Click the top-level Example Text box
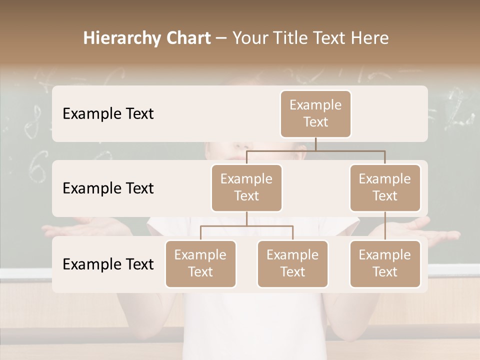(x=315, y=114)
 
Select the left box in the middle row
(x=246, y=188)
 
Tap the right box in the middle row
(x=385, y=188)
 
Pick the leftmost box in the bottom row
(x=200, y=264)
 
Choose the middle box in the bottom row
(x=292, y=264)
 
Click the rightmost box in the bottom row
(x=385, y=264)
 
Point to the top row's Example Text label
(x=108, y=114)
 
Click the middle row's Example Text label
(x=108, y=188)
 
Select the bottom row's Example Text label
(x=108, y=264)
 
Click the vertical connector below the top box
(x=315, y=144)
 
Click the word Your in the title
(x=248, y=38)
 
